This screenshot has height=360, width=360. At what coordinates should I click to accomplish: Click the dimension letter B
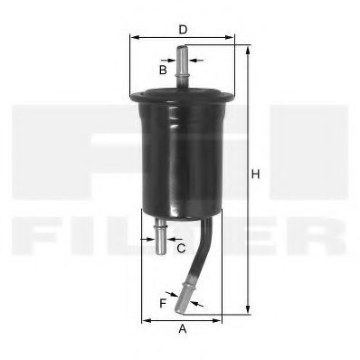click(164, 69)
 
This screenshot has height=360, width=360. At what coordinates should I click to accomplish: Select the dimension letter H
click(256, 174)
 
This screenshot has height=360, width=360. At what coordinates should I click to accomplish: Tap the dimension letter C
click(181, 247)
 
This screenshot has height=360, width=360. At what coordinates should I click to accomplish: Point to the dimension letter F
click(164, 303)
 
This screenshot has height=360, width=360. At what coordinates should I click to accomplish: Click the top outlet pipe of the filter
click(182, 67)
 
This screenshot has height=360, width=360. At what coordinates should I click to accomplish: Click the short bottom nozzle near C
click(160, 237)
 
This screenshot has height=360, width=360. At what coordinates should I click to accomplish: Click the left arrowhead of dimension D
click(133, 39)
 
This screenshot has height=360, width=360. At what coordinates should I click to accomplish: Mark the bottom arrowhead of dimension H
click(246, 311)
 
